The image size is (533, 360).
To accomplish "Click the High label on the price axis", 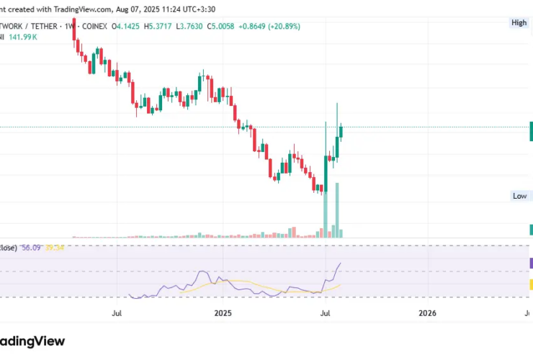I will pyautogui.click(x=519, y=23).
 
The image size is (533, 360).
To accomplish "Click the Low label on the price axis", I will pyautogui.click(x=519, y=196).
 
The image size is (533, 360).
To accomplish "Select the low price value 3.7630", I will pyautogui.click(x=194, y=26).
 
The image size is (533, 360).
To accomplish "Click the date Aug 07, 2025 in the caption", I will pyautogui.click(x=143, y=9).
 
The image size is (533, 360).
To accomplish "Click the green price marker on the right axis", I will pyautogui.click(x=530, y=131).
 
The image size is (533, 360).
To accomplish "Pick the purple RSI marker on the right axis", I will pyautogui.click(x=530, y=264).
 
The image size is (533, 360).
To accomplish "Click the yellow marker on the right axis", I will pyautogui.click(x=530, y=284).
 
